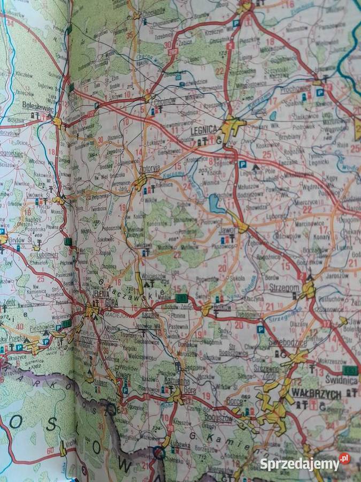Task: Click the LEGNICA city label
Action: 203,130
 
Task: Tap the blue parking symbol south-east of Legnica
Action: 242,164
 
